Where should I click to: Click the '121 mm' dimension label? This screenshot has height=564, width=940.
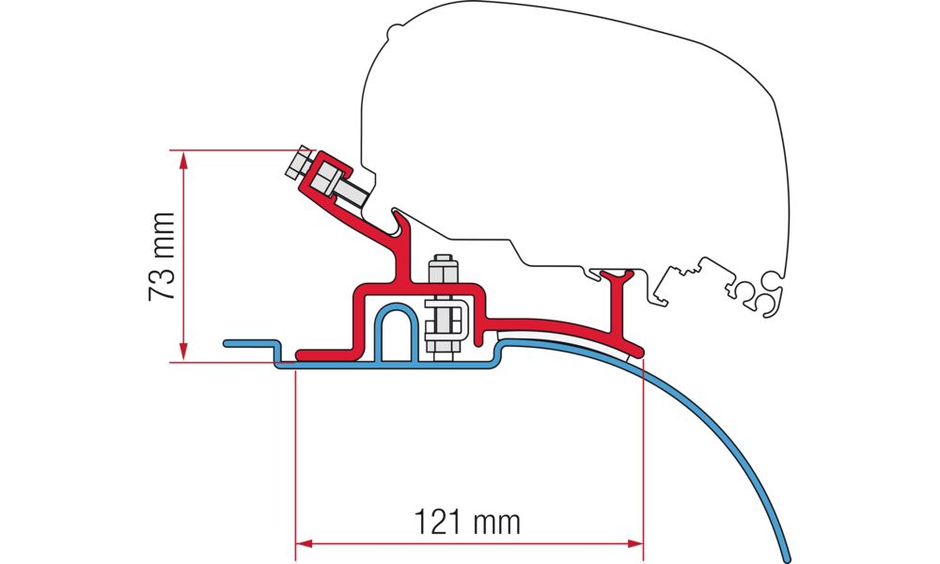pos(467,520)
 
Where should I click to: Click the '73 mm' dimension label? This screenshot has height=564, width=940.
pos(162,256)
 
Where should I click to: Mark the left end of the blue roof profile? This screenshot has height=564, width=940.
pos(227,344)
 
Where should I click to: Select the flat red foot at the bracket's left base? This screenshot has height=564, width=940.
pos(324,354)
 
